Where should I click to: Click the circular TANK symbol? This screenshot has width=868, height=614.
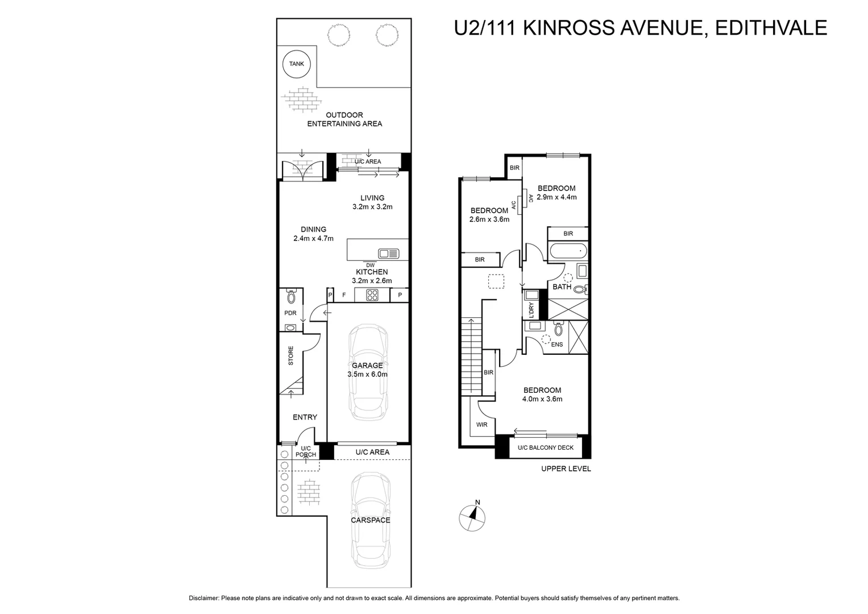click(x=296, y=64)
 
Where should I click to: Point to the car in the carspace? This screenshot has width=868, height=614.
click(x=371, y=520)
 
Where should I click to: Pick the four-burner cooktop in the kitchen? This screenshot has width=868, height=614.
click(x=372, y=294)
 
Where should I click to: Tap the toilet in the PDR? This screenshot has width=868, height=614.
click(x=292, y=297)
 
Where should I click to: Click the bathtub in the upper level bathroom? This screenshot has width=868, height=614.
click(x=567, y=250)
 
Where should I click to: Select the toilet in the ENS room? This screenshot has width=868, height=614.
click(x=558, y=329)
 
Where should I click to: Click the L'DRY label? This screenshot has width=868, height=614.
click(x=531, y=309)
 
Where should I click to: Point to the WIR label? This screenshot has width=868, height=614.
click(x=481, y=425)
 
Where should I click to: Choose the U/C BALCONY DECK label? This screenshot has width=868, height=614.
click(x=545, y=447)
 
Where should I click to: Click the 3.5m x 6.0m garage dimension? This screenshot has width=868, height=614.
click(x=367, y=375)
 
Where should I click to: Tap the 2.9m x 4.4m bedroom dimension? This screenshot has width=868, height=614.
click(x=556, y=197)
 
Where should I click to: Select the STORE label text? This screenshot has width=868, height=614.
click(x=291, y=356)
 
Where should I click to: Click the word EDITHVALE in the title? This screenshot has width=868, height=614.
click(x=771, y=27)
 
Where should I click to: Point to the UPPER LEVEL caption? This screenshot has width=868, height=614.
click(x=566, y=469)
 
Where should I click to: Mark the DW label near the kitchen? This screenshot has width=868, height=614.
click(x=370, y=265)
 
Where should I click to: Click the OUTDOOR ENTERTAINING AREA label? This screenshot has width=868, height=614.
click(x=344, y=119)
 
